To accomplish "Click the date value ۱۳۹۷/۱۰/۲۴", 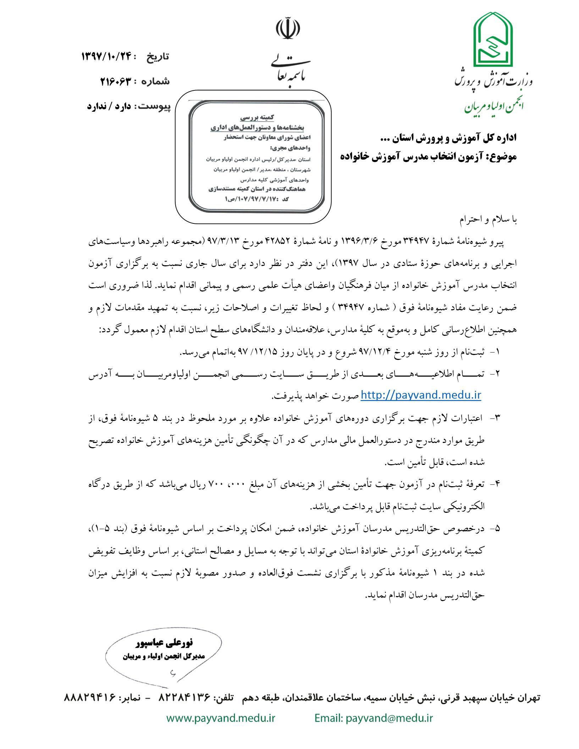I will pos(106,56).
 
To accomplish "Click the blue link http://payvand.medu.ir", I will pos(421,395).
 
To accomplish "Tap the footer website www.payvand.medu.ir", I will pos(221,718).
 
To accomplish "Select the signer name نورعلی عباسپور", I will pos(164,642).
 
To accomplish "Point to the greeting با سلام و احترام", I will pos(488,220).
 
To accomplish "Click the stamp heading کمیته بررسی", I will pos(257,117).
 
